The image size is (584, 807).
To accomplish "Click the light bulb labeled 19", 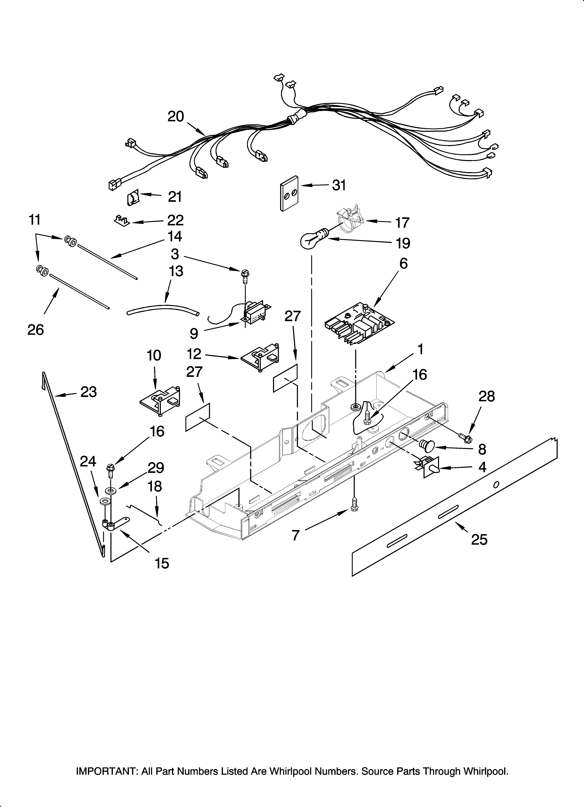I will coord(311,241).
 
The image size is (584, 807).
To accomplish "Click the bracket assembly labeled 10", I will coord(160,401).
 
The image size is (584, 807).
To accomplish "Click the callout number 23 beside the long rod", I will coord(89,392).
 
